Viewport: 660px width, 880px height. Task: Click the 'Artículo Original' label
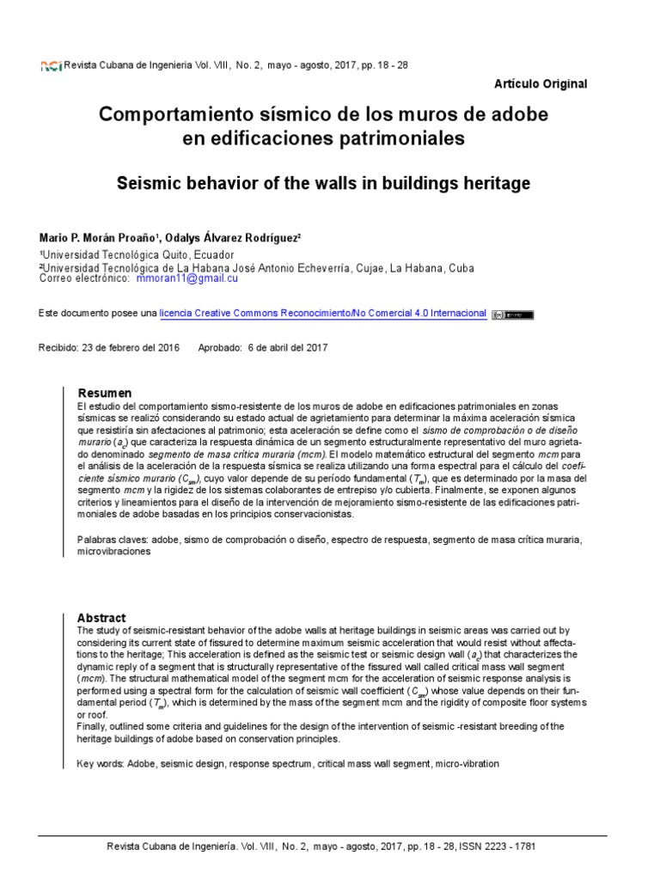541,84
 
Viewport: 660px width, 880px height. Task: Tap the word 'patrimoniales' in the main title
409,137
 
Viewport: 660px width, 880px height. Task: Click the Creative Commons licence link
323,314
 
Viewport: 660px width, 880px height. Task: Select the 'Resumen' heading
105,392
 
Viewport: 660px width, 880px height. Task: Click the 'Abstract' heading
101,618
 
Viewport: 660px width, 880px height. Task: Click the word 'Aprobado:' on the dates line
220,348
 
